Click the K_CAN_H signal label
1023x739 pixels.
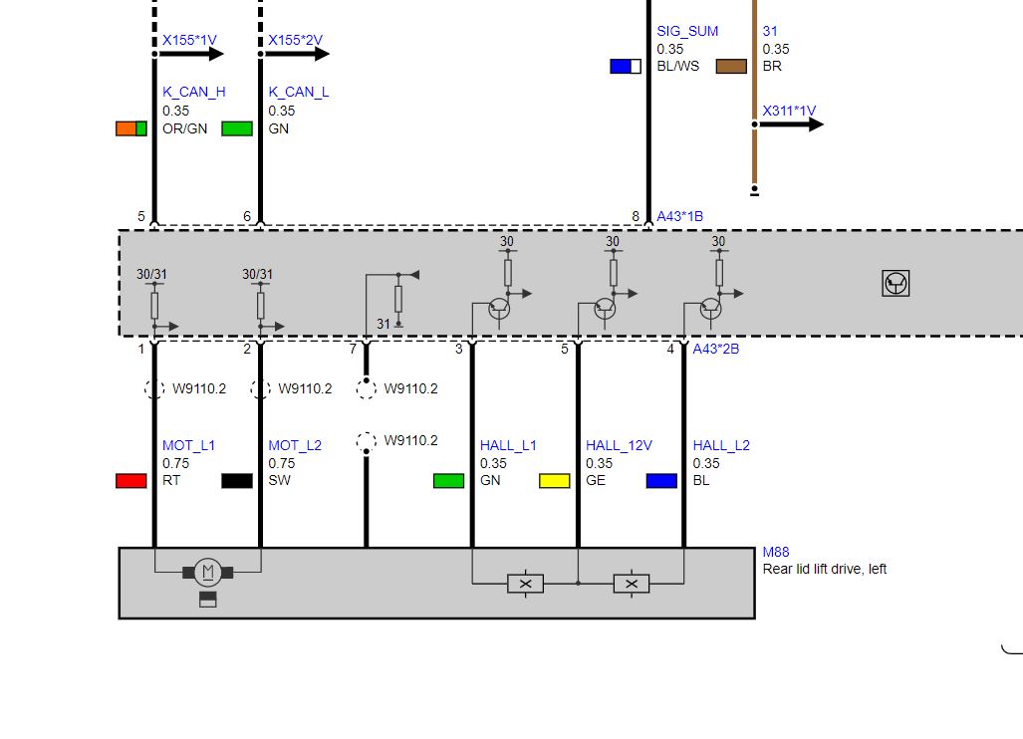(194, 92)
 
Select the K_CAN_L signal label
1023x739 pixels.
(298, 92)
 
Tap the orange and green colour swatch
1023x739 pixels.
(131, 128)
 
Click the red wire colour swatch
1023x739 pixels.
(131, 481)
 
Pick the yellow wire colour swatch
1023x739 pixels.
(555, 481)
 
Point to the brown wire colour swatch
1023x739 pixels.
(731, 66)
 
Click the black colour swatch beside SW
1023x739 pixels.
(237, 481)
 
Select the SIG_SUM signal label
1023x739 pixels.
(687, 31)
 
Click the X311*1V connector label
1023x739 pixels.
(789, 111)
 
